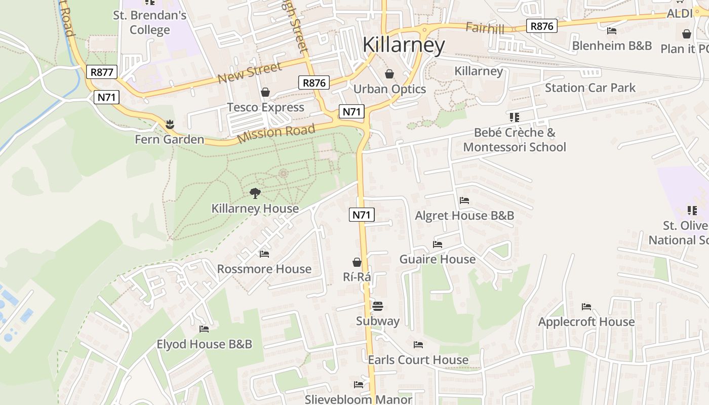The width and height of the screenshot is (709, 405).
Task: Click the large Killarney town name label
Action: tap(404, 45)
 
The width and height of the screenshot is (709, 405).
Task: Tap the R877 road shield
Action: tap(101, 72)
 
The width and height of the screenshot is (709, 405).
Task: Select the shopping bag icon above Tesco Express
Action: tap(265, 92)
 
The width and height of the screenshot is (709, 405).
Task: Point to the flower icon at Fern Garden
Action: tap(169, 124)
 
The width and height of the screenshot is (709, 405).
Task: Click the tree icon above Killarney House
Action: tap(255, 193)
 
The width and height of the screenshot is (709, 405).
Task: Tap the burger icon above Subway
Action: tap(377, 306)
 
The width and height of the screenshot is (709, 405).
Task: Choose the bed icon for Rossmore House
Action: tap(264, 254)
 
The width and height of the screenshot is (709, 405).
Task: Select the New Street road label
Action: tap(250, 73)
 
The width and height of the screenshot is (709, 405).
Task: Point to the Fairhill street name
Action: tap(485, 28)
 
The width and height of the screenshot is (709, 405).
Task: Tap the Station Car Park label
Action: tap(590, 88)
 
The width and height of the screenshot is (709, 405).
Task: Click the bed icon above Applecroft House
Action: tap(586, 306)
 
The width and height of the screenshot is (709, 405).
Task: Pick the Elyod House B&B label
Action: tap(204, 344)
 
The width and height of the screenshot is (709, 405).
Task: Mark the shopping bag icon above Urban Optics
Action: tap(389, 74)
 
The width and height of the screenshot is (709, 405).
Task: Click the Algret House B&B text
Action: tap(464, 216)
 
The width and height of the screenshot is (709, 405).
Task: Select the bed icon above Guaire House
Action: tap(438, 244)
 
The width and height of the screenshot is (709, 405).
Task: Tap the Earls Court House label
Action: tap(418, 360)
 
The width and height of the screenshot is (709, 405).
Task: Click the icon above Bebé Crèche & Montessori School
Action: tap(515, 117)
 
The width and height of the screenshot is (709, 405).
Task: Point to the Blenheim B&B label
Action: tap(612, 46)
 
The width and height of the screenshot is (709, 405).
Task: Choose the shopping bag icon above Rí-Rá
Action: tap(357, 262)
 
